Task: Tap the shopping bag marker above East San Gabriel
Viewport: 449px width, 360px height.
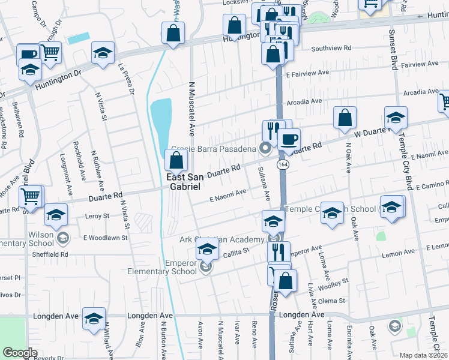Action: pos(176,160)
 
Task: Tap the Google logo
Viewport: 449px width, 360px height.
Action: pos(20,353)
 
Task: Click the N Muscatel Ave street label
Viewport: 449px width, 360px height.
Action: pos(193,108)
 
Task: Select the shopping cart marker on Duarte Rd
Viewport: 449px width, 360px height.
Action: pos(30,196)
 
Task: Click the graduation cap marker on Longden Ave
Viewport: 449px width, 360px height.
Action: pos(94,319)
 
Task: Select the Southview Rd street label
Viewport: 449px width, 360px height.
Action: pos(331,48)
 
